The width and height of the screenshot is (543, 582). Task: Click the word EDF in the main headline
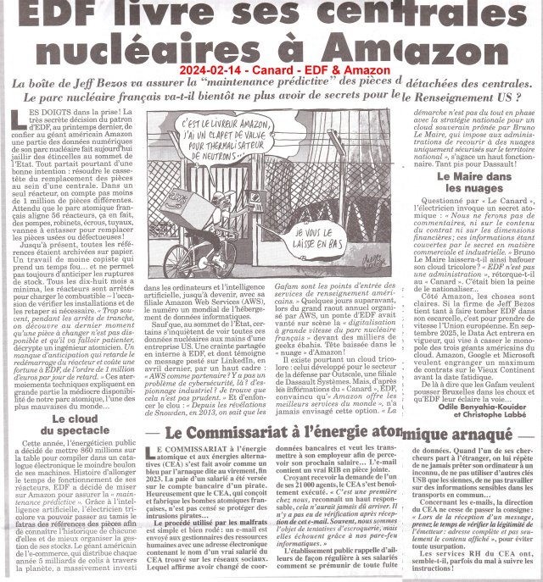(64, 15)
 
